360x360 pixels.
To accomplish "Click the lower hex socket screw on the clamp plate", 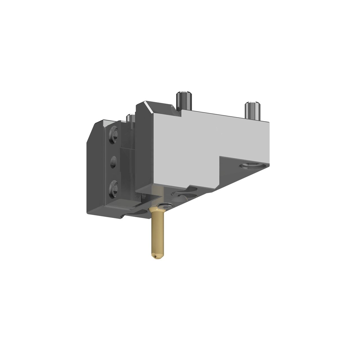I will pyautogui.click(x=114, y=188).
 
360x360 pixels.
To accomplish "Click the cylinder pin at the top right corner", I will pyautogui.click(x=252, y=110).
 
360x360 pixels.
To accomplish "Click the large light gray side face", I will pyautogui.click(x=197, y=146).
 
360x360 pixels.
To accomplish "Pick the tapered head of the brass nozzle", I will pyautogui.click(x=157, y=210).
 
